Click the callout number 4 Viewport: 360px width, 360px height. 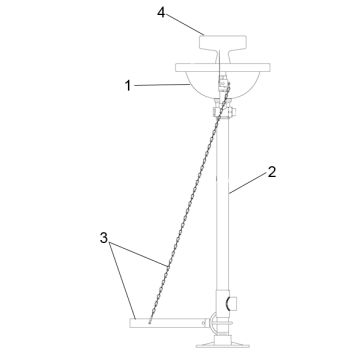coord(161,13)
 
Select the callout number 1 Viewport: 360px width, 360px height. coord(128,86)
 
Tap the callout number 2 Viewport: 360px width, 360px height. coord(272,172)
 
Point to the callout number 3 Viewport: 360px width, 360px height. coord(104,238)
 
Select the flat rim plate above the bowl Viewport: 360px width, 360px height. coord(223,67)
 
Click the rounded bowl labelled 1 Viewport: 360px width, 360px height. coord(223,85)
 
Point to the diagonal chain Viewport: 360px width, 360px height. coord(189,203)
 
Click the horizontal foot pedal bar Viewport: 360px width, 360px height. coord(167,323)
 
